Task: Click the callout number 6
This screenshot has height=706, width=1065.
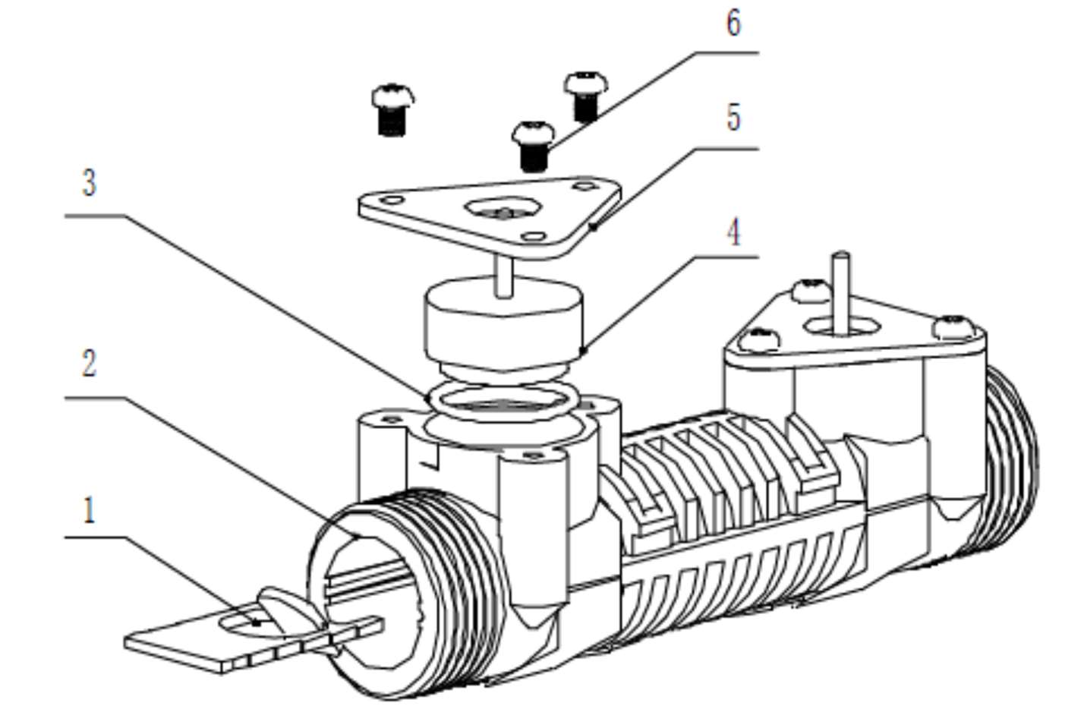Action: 733,24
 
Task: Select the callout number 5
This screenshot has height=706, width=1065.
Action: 733,118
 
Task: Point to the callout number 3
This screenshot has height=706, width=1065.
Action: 90,184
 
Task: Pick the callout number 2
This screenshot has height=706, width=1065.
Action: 90,364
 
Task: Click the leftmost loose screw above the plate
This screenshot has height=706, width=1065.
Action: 392,110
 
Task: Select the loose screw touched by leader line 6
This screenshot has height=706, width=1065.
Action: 533,146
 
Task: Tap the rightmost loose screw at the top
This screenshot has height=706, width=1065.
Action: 586,96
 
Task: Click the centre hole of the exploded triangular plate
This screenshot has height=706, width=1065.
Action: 503,210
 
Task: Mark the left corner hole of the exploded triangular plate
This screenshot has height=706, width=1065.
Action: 392,200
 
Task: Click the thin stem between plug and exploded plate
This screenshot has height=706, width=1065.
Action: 503,278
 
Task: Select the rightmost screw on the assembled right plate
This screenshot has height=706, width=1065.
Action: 953,327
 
